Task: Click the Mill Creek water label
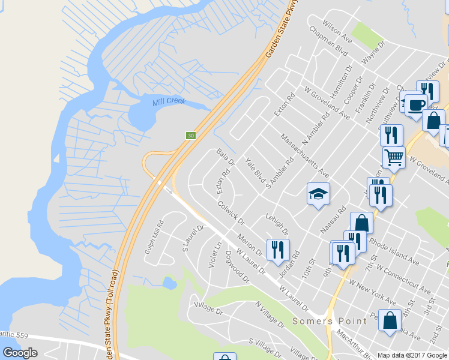(x=169, y=103)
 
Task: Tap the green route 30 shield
(x=191, y=136)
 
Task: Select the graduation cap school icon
(x=319, y=193)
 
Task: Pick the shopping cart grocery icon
(x=394, y=157)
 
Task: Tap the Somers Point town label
(x=330, y=321)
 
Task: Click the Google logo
(x=20, y=353)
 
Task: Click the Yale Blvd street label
(x=255, y=170)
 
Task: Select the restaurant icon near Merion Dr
(x=277, y=249)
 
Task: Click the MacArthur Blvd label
(x=355, y=343)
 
